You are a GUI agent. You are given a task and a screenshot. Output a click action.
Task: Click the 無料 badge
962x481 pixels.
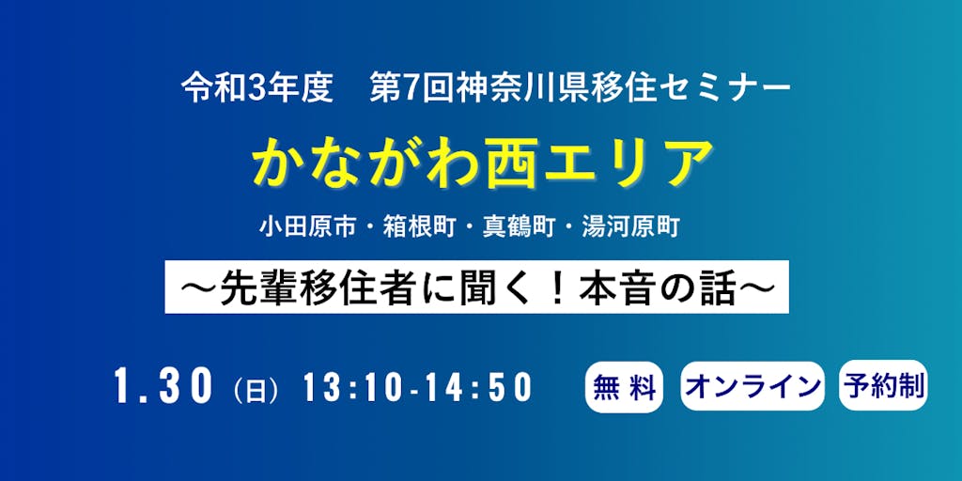click(624, 386)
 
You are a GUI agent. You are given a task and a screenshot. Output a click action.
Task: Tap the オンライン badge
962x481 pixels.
click(753, 386)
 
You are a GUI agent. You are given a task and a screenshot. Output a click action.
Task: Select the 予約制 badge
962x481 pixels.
click(883, 385)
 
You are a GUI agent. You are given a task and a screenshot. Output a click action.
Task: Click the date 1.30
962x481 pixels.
click(163, 387)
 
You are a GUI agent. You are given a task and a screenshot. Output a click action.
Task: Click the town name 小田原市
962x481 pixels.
click(307, 229)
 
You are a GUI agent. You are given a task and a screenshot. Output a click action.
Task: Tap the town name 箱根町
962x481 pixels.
click(419, 229)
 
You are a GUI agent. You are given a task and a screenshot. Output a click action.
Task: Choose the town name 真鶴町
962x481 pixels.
click(519, 229)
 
